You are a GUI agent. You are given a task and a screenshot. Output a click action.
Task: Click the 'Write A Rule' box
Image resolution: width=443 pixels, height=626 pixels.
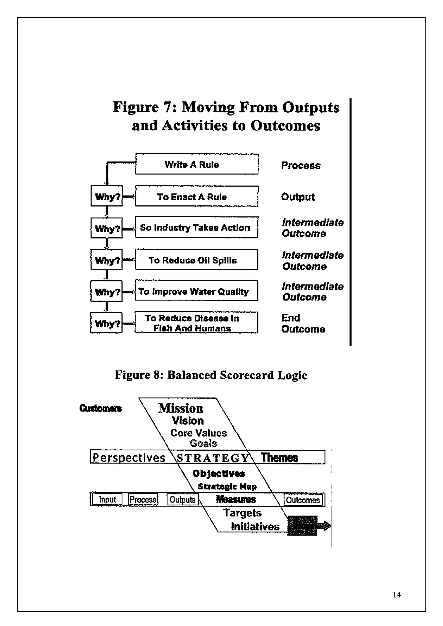[x=197, y=164]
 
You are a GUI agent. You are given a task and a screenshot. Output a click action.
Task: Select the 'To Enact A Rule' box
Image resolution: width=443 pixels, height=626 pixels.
[x=197, y=196]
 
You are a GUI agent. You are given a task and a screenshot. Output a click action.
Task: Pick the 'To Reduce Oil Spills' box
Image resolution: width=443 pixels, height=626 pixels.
[x=197, y=260]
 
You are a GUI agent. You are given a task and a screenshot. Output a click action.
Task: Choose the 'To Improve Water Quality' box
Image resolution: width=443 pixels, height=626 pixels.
[x=197, y=291]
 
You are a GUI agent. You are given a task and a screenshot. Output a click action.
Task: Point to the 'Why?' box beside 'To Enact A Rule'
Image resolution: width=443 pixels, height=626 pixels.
[x=107, y=196]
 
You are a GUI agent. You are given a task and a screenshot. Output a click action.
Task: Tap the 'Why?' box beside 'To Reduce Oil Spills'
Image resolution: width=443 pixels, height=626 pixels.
[x=106, y=260]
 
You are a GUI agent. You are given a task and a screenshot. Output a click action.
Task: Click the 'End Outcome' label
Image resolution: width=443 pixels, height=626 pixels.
[x=303, y=323]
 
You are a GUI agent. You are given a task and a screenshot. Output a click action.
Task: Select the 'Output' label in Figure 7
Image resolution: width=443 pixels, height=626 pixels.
[x=298, y=197]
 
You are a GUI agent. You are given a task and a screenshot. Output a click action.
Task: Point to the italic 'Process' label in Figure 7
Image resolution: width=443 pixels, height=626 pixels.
[x=301, y=165]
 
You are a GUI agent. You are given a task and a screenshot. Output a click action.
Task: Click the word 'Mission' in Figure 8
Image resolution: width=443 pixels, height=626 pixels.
[x=181, y=408]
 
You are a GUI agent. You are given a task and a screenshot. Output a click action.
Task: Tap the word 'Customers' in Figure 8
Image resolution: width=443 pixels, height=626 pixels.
[x=100, y=408]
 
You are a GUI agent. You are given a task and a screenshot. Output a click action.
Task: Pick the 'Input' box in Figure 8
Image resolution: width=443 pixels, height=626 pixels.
[x=107, y=499]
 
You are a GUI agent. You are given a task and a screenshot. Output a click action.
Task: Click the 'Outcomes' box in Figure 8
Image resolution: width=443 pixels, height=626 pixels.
[x=303, y=500]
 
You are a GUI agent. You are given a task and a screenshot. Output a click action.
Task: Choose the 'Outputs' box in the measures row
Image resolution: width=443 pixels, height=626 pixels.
[x=182, y=499]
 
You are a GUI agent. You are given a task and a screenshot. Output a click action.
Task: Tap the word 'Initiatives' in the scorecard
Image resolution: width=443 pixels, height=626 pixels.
[x=255, y=526]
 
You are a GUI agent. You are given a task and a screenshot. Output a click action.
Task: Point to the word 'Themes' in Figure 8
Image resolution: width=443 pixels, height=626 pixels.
[x=279, y=458]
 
